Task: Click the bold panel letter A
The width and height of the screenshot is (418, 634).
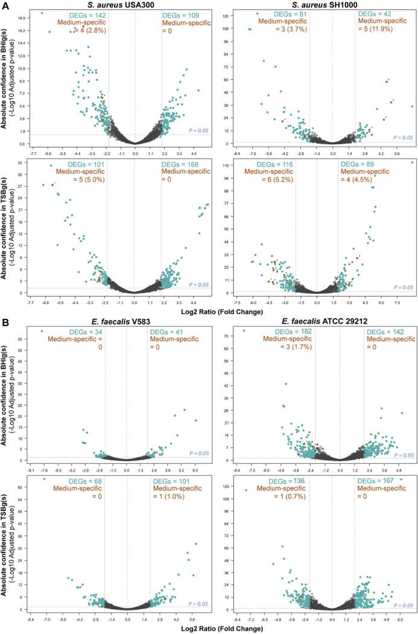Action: coord(5,5)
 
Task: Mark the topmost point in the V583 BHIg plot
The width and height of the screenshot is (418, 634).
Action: coord(42,331)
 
